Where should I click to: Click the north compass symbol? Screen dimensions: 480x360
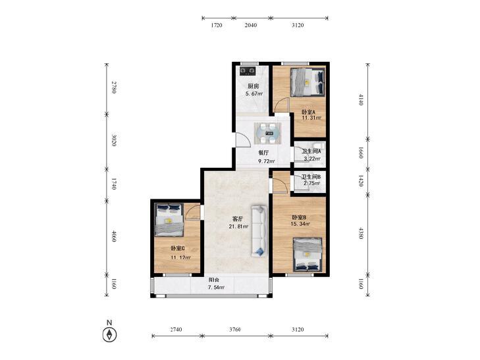coord(109,334)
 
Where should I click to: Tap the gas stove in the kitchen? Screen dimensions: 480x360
coord(248,71)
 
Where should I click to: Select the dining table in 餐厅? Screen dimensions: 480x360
coord(268,133)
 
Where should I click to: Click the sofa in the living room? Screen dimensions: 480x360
coord(259,231)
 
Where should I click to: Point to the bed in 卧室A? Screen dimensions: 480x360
coord(307,82)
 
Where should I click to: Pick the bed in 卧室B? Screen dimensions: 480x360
coord(307,255)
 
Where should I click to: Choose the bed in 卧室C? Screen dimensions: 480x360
coord(169,220)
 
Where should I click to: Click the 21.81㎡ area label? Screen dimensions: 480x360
coord(238,226)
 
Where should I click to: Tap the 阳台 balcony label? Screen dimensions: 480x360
coord(214,280)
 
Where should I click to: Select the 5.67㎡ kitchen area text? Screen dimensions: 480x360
coord(254,93)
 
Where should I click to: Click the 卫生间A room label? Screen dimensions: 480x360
coord(311,151)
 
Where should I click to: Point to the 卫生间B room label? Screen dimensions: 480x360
coord(311,176)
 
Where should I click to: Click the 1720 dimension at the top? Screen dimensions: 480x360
coord(217,25)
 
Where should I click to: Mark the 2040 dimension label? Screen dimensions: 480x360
coord(251,25)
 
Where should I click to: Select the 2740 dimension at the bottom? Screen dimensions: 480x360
coord(176,330)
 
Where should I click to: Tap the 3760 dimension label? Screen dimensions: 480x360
coord(235,330)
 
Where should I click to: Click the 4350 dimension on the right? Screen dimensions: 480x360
coord(361,233)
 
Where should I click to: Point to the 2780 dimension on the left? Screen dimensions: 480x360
coord(113,87)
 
